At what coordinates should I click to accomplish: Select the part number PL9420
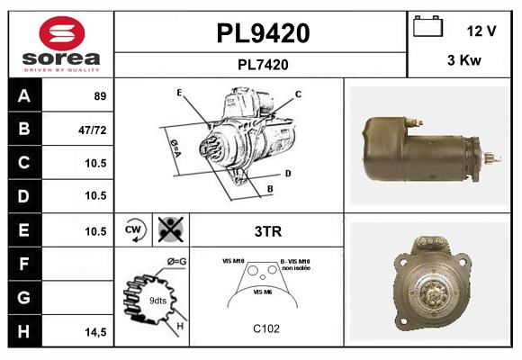click(263, 33)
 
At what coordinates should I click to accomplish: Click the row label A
click(23, 95)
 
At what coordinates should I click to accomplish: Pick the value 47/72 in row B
click(93, 129)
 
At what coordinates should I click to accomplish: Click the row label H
click(23, 331)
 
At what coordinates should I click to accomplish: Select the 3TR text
click(268, 231)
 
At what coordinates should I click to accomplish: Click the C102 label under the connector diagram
click(266, 328)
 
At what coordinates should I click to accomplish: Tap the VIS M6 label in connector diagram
click(263, 292)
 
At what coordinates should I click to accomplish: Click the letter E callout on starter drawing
click(180, 93)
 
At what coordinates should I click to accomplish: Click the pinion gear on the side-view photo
click(490, 158)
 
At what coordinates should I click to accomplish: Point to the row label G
click(23, 297)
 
